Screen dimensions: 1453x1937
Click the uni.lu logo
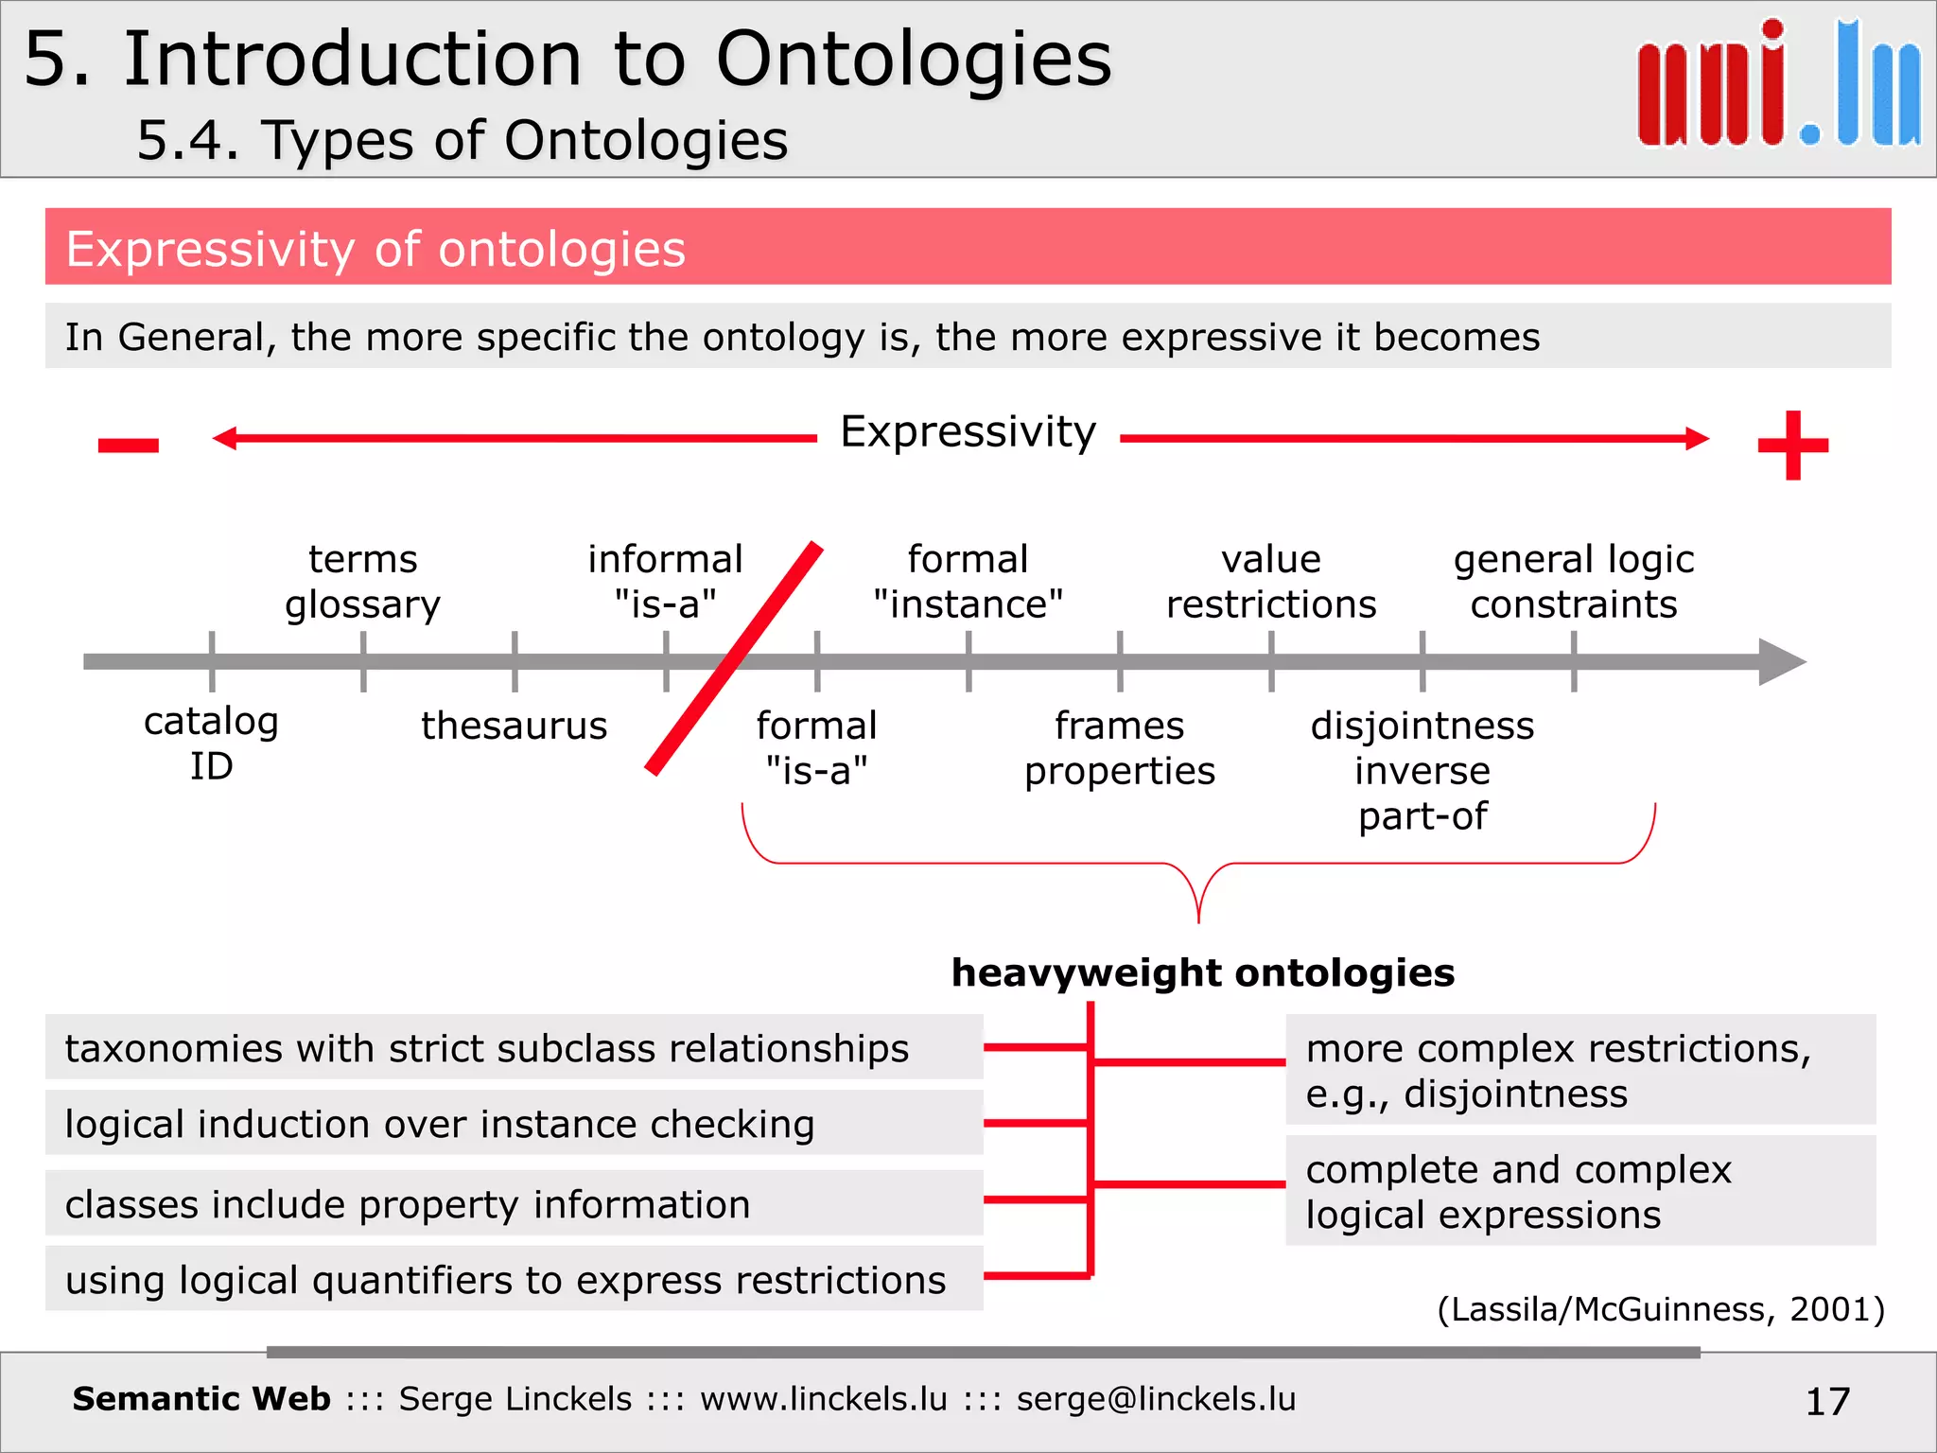pyautogui.click(x=1778, y=85)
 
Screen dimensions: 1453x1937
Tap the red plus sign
pyautogui.click(x=1792, y=445)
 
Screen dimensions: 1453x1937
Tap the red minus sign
pyautogui.click(x=129, y=445)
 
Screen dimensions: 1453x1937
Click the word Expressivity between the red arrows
pyautogui.click(x=968, y=432)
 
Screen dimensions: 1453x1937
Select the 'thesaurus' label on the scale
pyautogui.click(x=514, y=726)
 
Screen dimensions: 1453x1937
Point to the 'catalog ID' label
pyautogui.click(x=211, y=744)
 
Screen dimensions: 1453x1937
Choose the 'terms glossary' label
pyautogui.click(x=362, y=582)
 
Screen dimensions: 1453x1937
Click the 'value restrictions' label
pyautogui.click(x=1270, y=582)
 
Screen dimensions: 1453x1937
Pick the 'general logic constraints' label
pyautogui.click(x=1573, y=582)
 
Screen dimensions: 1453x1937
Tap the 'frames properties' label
pyautogui.click(x=1119, y=748)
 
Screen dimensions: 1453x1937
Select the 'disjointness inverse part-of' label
pyautogui.click(x=1422, y=771)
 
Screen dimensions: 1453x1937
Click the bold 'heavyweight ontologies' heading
pyautogui.click(x=1202, y=972)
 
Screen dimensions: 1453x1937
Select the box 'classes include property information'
pyautogui.click(x=514, y=1204)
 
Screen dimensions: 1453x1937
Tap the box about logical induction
pyautogui.click(x=514, y=1124)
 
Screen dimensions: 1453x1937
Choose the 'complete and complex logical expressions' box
pyautogui.click(x=1579, y=1192)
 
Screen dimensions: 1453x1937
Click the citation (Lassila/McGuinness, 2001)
pyautogui.click(x=1660, y=1309)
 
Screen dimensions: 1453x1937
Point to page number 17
pyautogui.click(x=1826, y=1401)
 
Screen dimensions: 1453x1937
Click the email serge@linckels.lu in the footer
pyautogui.click(x=1156, y=1399)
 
